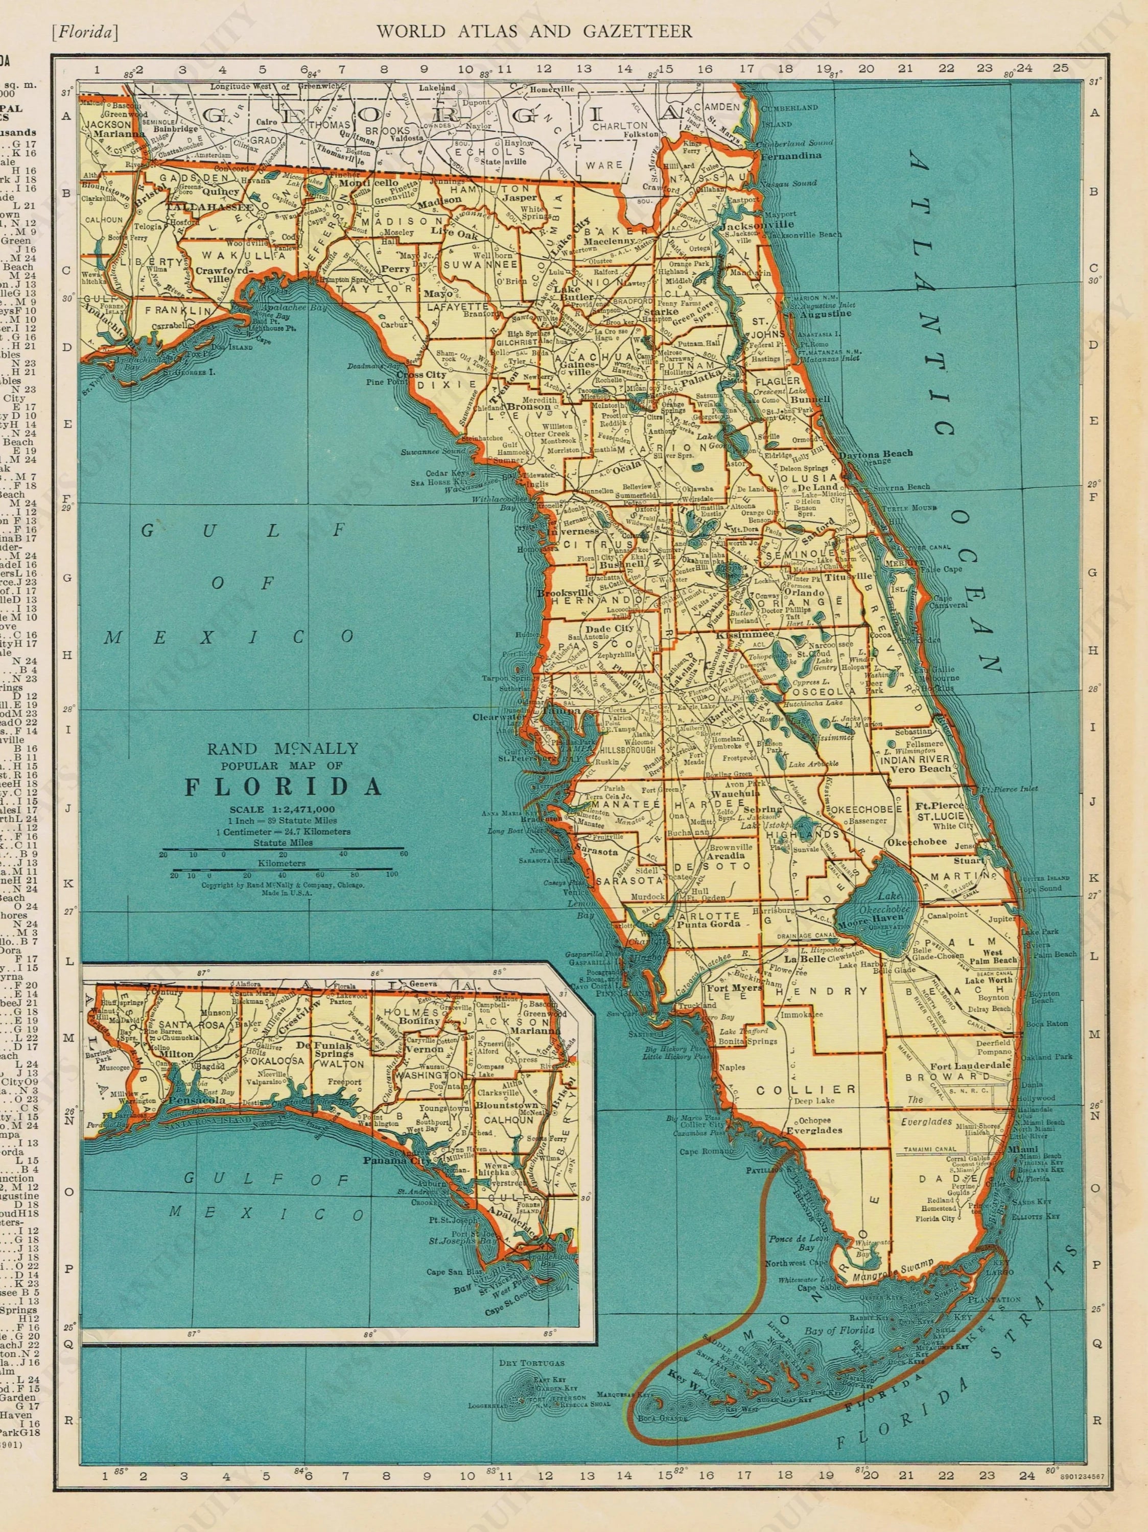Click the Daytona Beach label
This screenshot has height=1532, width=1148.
(x=876, y=454)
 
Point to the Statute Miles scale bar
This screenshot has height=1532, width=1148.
(x=283, y=849)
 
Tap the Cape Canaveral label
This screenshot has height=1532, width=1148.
(x=951, y=600)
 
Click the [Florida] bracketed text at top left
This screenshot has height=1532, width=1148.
(x=84, y=31)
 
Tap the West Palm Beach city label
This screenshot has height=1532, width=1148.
(x=994, y=956)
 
